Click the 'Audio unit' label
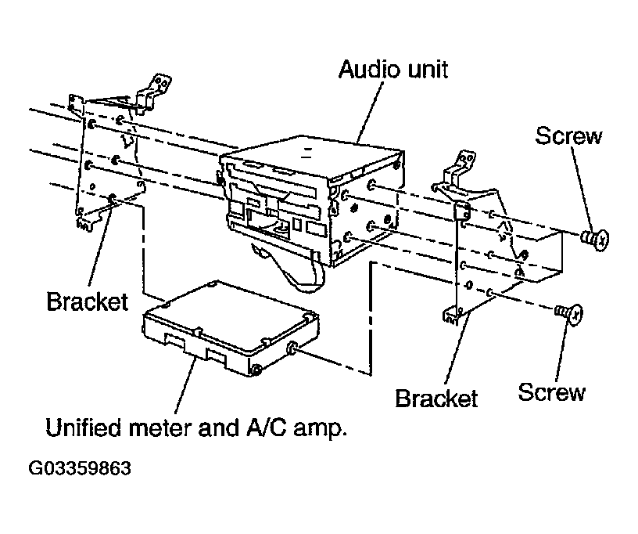[x=393, y=69]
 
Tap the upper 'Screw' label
[x=568, y=135]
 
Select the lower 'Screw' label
[x=551, y=392]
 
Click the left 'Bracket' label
[x=87, y=301]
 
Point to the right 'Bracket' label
[x=435, y=398]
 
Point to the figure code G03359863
[x=80, y=468]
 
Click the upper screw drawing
[x=595, y=239]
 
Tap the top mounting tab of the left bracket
[x=154, y=92]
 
